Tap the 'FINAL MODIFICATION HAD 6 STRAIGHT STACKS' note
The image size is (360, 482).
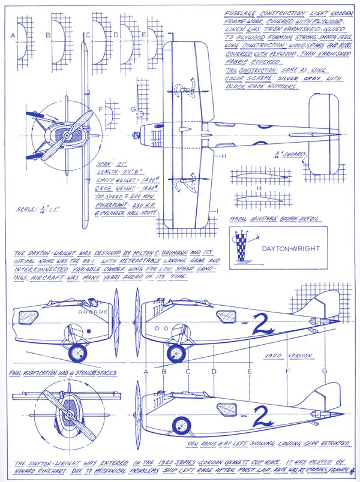coord(64,373)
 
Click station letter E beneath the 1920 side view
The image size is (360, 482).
coord(248,371)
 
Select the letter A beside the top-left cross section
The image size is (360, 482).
coord(13,35)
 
